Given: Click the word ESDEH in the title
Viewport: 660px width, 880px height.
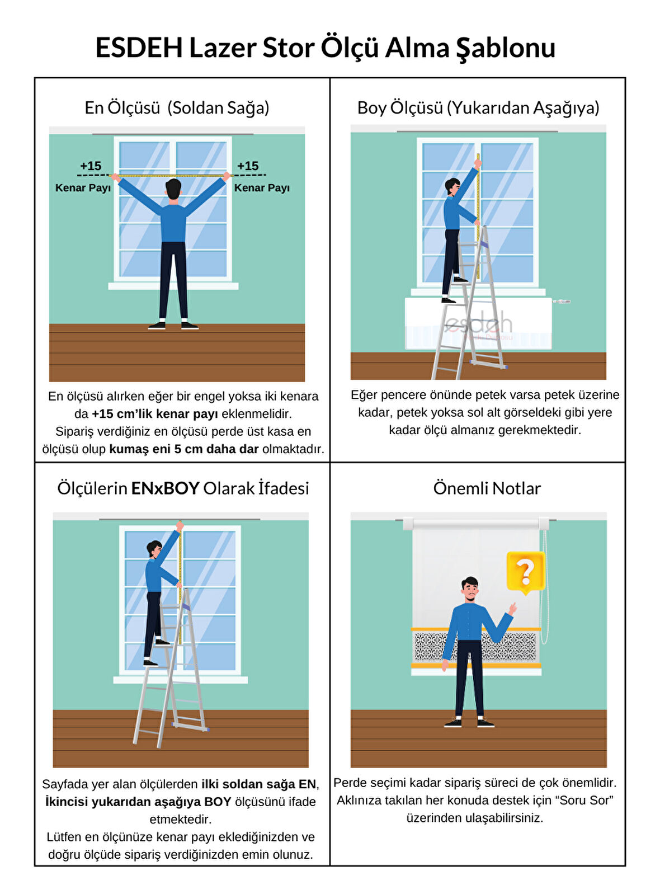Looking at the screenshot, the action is pyautogui.click(x=139, y=48).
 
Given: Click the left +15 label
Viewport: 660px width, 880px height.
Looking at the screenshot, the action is pyautogui.click(x=91, y=166).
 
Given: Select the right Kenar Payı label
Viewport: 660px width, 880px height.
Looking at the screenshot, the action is pyautogui.click(x=262, y=187).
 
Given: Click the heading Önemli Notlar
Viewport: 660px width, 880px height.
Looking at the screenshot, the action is pyautogui.click(x=487, y=488).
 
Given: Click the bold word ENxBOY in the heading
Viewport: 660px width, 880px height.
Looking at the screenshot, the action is pyautogui.click(x=165, y=488).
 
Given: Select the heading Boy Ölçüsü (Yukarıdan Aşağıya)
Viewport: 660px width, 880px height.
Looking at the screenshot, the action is pyautogui.click(x=478, y=108).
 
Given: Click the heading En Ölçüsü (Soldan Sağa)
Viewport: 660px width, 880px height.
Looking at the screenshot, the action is pyautogui.click(x=177, y=108).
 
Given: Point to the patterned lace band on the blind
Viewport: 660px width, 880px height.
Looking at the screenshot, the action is pyautogui.click(x=475, y=646).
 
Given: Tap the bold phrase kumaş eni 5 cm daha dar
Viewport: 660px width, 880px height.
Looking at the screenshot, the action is pyautogui.click(x=184, y=449).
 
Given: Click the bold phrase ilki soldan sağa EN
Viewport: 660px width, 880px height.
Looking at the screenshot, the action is pyautogui.click(x=258, y=784).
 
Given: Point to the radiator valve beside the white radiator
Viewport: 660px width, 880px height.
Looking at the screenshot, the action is pyautogui.click(x=561, y=301).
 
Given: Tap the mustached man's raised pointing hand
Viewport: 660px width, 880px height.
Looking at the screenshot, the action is pyautogui.click(x=512, y=608).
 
